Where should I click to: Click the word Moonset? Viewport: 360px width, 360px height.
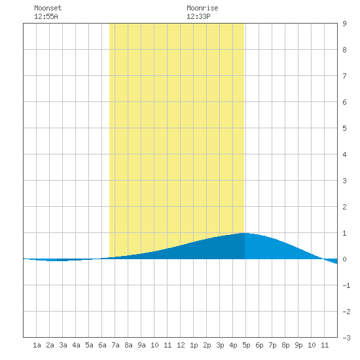pyautogui.click(x=48, y=8)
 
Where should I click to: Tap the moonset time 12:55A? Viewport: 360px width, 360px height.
pyautogui.click(x=46, y=16)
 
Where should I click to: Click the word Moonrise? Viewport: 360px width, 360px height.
pyautogui.click(x=202, y=8)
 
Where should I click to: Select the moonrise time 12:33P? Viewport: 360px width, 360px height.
pyautogui.click(x=198, y=16)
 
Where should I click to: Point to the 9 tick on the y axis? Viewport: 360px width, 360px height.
pyautogui.click(x=344, y=24)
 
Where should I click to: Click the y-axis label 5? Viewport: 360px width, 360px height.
pyautogui.click(x=344, y=128)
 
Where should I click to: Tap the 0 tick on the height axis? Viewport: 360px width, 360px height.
pyautogui.click(x=344, y=259)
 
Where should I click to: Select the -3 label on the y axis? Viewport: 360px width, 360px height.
pyautogui.click(x=346, y=338)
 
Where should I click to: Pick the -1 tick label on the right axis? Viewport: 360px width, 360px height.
pyautogui.click(x=346, y=285)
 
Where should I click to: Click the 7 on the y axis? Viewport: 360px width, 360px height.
pyautogui.click(x=344, y=76)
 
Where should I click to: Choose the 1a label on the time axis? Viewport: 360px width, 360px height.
pyautogui.click(x=37, y=345)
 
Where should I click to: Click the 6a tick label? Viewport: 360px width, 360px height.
pyautogui.click(x=102, y=345)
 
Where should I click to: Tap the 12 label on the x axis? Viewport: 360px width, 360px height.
pyautogui.click(x=181, y=345)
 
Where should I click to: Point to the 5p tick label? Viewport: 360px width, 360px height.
pyautogui.click(x=246, y=345)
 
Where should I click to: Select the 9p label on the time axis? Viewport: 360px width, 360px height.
pyautogui.click(x=298, y=345)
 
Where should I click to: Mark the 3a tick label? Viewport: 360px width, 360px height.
pyautogui.click(x=63, y=345)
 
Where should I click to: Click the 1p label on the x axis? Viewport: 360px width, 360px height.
pyautogui.click(x=194, y=345)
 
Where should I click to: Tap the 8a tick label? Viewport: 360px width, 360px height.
pyautogui.click(x=128, y=345)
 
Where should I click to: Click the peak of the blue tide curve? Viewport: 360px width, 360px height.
pyautogui.click(x=245, y=233)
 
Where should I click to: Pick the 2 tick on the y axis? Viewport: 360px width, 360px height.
pyautogui.click(x=344, y=207)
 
